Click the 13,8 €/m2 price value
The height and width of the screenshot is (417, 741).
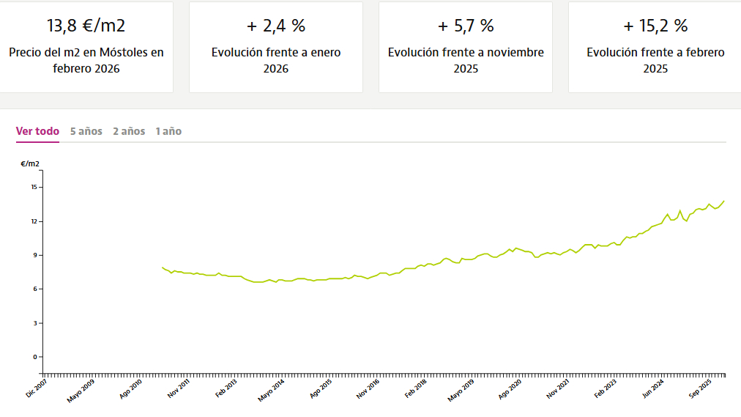coord(86,26)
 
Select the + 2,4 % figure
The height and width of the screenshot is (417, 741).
coord(275,26)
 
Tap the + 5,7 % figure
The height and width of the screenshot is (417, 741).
coord(465,26)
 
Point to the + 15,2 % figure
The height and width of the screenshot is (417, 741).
coord(655,26)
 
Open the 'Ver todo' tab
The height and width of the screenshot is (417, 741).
coord(37,131)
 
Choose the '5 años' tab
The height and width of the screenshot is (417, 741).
coord(86,131)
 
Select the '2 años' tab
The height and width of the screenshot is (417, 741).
coord(129,131)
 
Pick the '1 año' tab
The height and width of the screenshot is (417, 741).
coord(168,131)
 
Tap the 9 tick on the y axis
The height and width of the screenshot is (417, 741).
coord(34,255)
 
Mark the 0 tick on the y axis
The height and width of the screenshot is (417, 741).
coord(34,357)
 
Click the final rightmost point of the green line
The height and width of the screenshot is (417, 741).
coord(724,201)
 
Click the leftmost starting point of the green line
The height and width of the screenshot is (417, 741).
coord(162,267)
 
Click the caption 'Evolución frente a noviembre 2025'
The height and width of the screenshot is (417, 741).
coord(465,60)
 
